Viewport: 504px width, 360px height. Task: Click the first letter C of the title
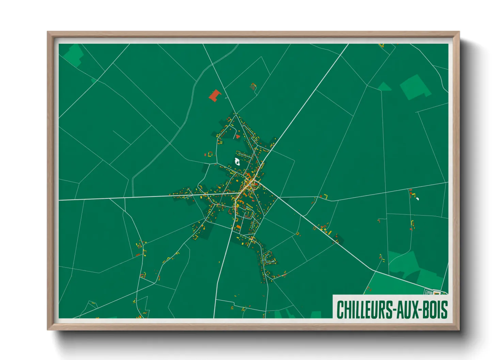(x=340, y=310)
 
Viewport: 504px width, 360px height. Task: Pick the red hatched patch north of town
(x=253, y=87)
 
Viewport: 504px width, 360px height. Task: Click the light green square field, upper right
(x=414, y=87)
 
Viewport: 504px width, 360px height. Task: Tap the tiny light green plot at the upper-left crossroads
(x=93, y=81)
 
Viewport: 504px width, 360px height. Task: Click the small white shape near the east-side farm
(x=417, y=199)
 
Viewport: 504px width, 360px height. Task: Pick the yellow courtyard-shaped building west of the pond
(x=210, y=154)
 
